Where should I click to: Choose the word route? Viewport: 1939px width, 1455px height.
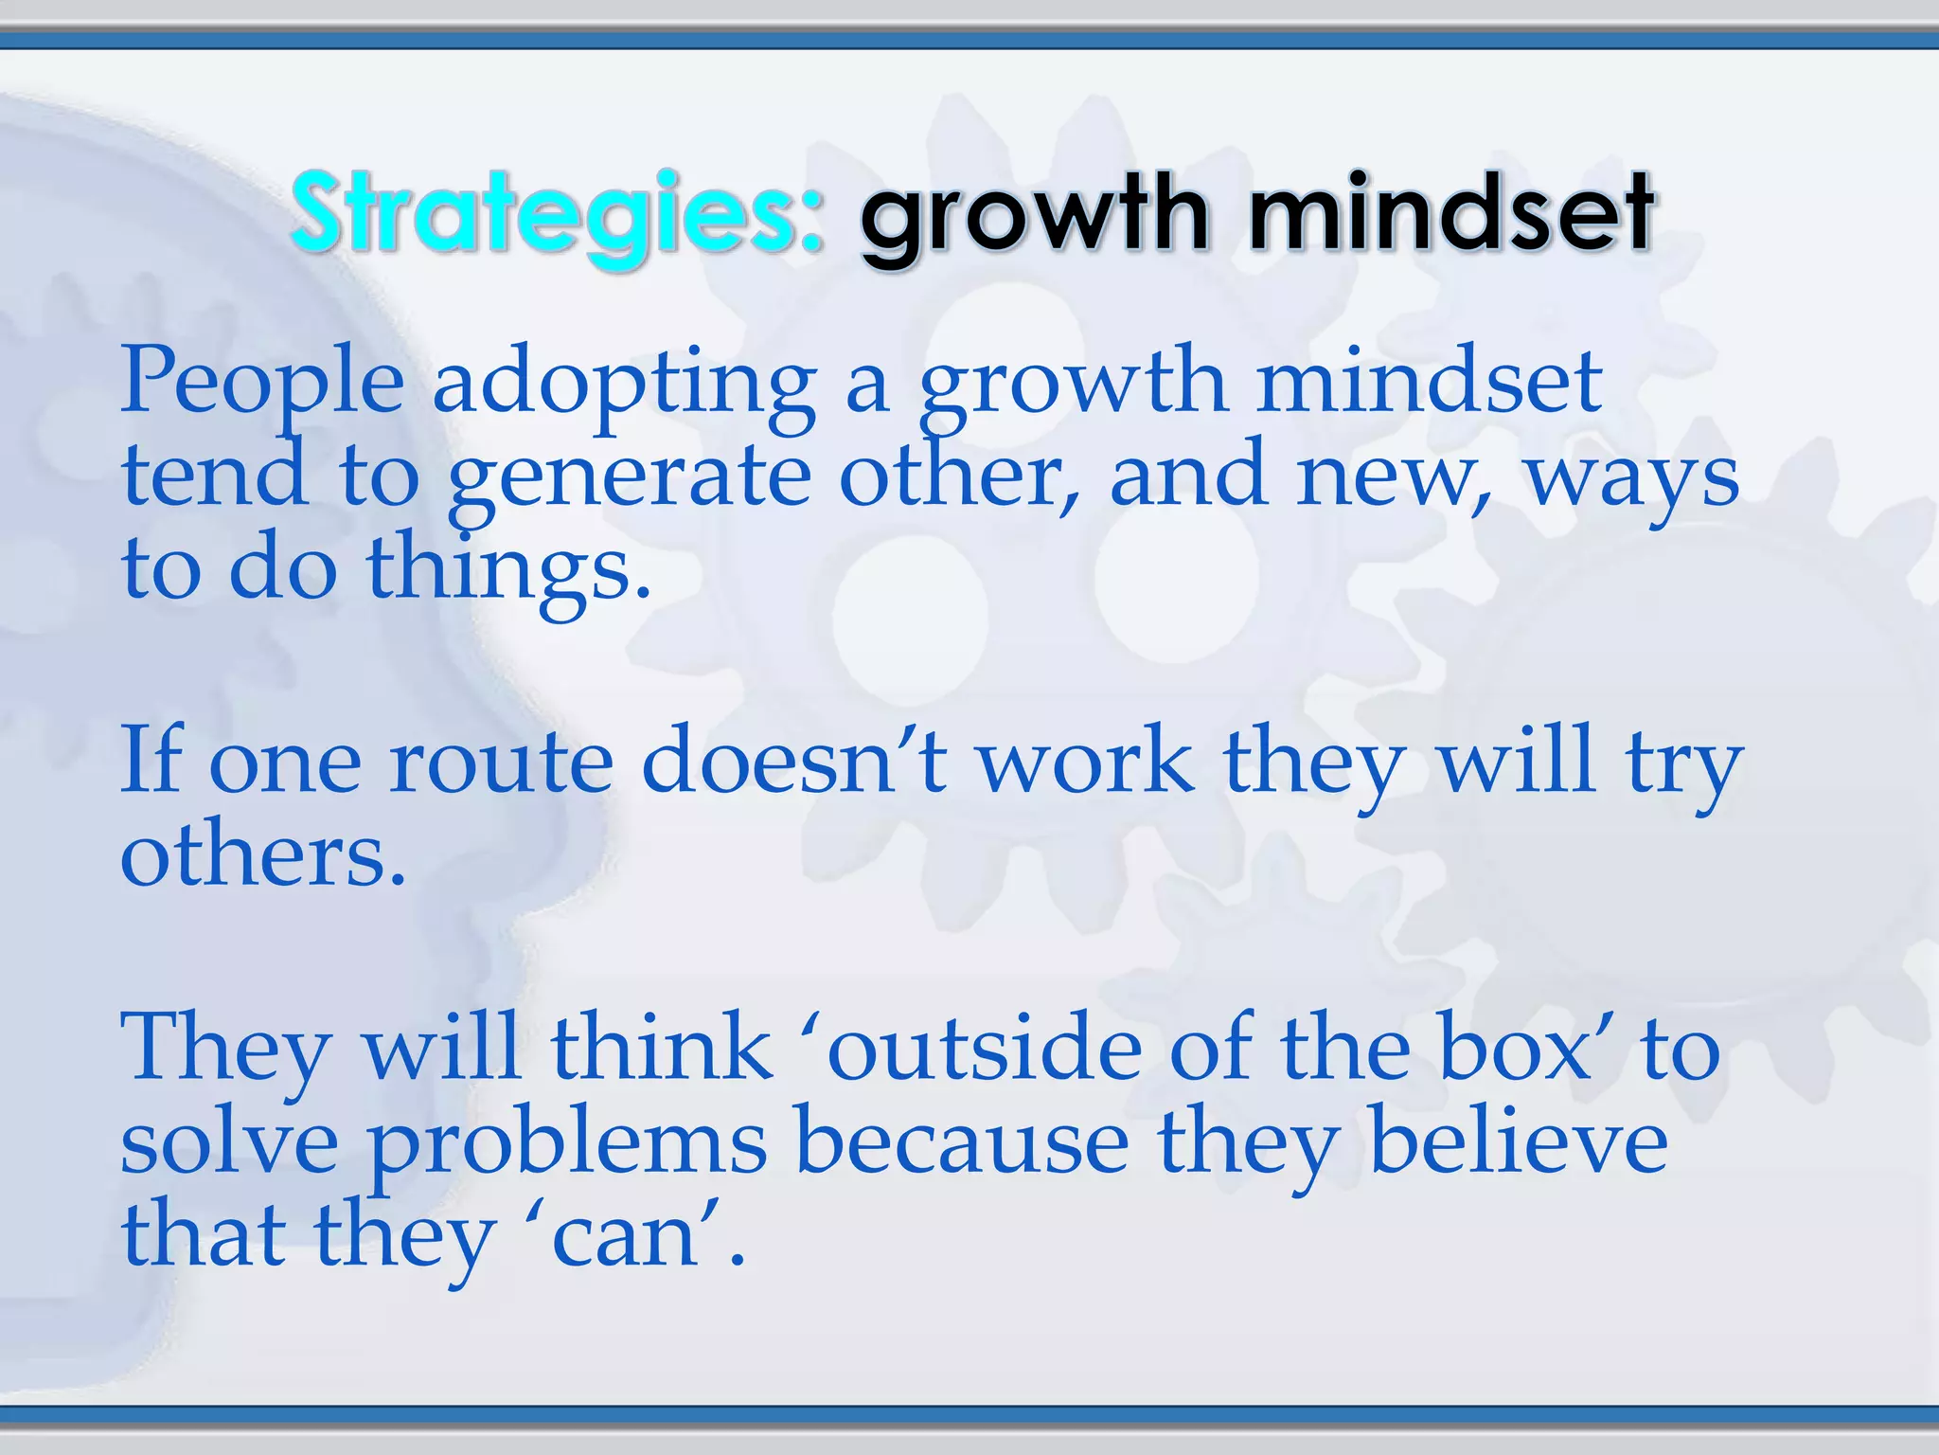[x=501, y=763]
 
